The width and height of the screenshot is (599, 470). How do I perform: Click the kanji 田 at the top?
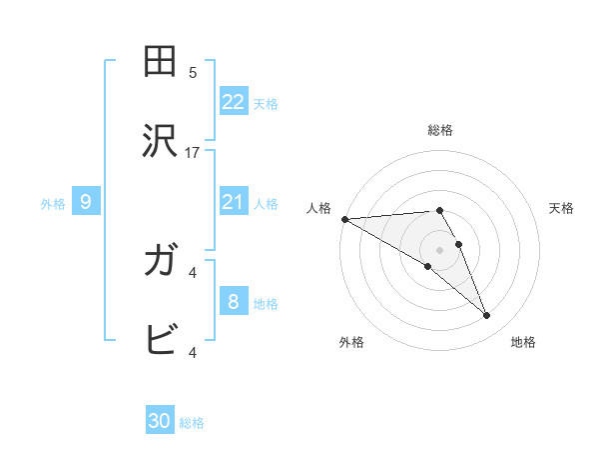tap(161, 62)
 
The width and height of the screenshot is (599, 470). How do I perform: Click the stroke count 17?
tap(193, 152)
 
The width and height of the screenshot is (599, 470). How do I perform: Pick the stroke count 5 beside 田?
tap(193, 72)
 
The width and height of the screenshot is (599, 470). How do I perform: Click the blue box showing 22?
tap(233, 101)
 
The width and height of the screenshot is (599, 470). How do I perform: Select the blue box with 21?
tap(233, 202)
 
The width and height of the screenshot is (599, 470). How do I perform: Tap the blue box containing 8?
tap(233, 301)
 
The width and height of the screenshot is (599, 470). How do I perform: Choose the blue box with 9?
tap(86, 202)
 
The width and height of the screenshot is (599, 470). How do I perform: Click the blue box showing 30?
tap(160, 421)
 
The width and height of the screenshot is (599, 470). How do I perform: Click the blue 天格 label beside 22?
tap(266, 103)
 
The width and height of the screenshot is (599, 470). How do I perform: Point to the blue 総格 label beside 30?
tap(193, 423)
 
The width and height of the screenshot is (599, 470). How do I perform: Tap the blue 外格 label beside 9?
tap(53, 204)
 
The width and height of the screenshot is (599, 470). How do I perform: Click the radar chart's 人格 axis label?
tap(318, 208)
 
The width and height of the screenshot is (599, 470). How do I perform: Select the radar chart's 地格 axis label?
tap(523, 342)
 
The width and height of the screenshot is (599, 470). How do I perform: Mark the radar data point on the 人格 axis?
tap(344, 219)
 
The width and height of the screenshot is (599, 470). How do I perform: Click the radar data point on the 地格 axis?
tap(486, 316)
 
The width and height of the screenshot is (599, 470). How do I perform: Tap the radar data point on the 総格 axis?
tap(439, 210)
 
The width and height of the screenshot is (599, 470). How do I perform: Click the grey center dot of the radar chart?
tap(439, 249)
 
